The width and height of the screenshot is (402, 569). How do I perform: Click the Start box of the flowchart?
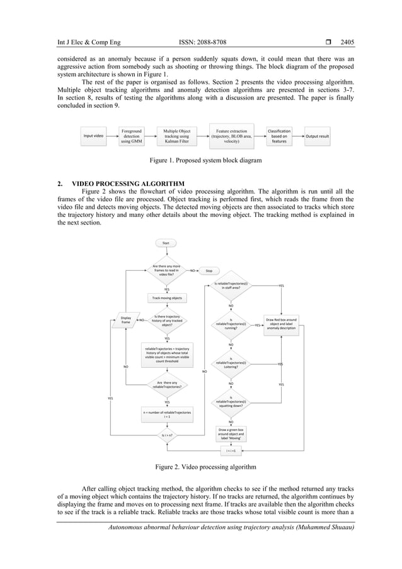coord(166,243)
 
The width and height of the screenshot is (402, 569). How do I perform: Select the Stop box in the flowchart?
coord(209,271)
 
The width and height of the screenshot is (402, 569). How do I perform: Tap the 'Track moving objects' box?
coord(166,297)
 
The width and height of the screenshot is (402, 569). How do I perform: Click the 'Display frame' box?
coord(126,320)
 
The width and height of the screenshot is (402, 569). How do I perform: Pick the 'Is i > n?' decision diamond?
coord(167,435)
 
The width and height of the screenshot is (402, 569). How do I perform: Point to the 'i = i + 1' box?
coord(231,451)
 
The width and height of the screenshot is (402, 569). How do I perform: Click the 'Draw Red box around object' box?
coord(282,324)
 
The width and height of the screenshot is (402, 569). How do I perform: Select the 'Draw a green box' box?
coord(231,434)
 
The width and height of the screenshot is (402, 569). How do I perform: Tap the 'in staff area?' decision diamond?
coord(231,286)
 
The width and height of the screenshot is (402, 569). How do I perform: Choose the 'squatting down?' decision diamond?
coord(231,403)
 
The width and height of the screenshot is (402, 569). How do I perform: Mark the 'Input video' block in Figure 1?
coord(94,136)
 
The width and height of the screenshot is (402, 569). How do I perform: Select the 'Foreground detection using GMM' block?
coord(132,136)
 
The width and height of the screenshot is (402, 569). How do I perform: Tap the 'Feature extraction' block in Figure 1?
coord(231,136)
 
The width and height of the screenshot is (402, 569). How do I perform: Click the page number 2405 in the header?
coord(347,43)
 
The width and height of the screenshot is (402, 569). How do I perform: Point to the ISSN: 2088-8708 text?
coord(201,43)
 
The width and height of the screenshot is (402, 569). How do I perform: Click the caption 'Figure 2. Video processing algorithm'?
coord(201,467)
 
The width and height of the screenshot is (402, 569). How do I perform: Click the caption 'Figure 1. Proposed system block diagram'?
coord(201,161)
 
